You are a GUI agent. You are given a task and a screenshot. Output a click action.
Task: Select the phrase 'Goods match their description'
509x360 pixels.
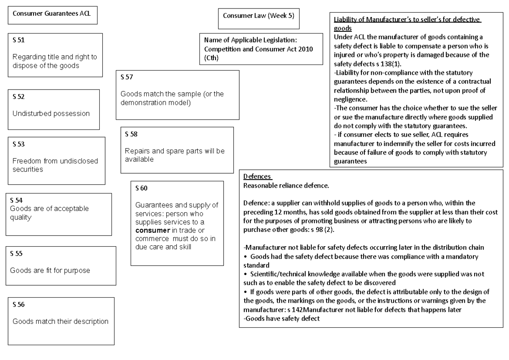tap(60, 321)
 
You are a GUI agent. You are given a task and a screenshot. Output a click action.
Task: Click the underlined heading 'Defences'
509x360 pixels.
tap(257, 177)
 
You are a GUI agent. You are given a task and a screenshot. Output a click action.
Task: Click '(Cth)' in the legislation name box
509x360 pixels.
tap(211, 58)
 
